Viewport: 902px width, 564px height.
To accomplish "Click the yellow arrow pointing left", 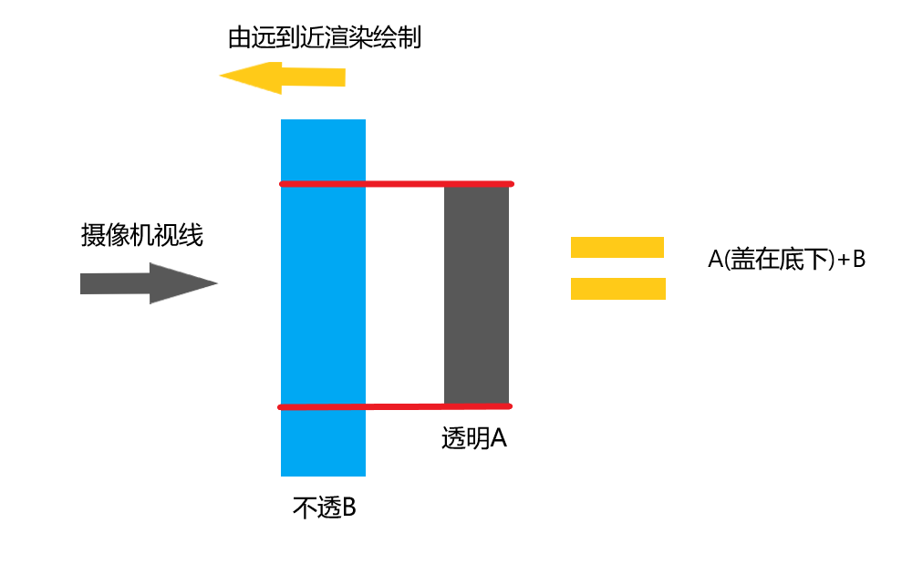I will tap(283, 77).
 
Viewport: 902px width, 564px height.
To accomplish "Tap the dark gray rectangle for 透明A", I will tap(476, 294).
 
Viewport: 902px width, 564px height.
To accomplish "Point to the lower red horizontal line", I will tap(396, 406).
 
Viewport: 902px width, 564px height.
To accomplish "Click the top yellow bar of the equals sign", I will tap(617, 247).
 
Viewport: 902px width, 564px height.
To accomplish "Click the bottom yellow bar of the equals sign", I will tap(617, 288).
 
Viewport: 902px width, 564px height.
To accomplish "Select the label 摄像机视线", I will tap(141, 237).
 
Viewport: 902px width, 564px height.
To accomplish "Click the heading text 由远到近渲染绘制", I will tap(324, 39).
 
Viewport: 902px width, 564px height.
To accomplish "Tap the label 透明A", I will tap(474, 438).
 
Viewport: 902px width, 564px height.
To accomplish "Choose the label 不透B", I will tap(324, 508).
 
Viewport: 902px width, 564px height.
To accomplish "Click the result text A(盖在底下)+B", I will tap(786, 259).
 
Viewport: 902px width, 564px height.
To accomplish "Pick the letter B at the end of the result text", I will tap(858, 259).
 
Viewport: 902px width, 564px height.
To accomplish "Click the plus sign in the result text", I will tap(844, 260).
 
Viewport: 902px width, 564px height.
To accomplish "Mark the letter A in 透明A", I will tap(499, 438).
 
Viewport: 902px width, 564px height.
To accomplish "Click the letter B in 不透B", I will tap(348, 508).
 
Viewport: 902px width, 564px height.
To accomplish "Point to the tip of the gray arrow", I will tap(216, 283).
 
